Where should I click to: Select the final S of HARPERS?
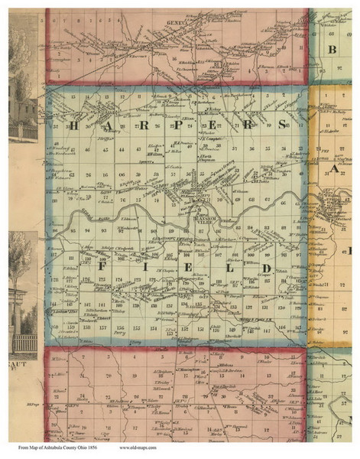281,124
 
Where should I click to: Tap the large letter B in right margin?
334,51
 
